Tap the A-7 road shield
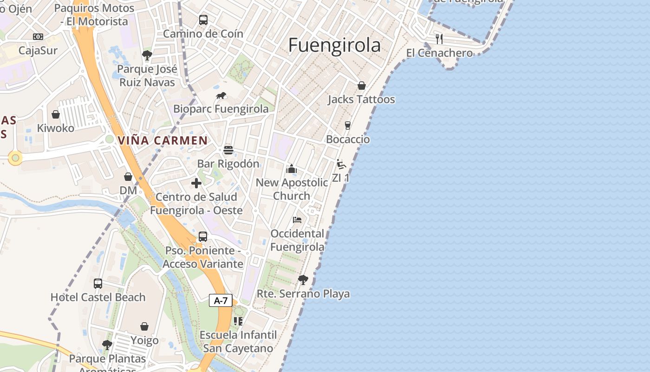pyautogui.click(x=221, y=300)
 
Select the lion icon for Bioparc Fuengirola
pyautogui.click(x=221, y=96)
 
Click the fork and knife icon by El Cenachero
pyautogui.click(x=439, y=39)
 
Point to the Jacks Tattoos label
pyautogui.click(x=361, y=100)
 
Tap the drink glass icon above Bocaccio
pyautogui.click(x=347, y=126)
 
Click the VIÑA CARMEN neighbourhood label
pyautogui.click(x=162, y=140)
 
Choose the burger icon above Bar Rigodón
pyautogui.click(x=228, y=150)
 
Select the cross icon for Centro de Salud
pyautogui.click(x=196, y=183)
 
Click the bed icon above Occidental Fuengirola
pyautogui.click(x=297, y=219)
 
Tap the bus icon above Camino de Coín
pyautogui.click(x=203, y=20)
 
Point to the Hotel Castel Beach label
pyautogui.click(x=98, y=297)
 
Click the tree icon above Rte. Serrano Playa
pyautogui.click(x=303, y=279)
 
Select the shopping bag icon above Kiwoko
pyautogui.click(x=56, y=114)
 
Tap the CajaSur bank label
pyautogui.click(x=38, y=50)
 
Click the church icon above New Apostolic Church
pyautogui.click(x=292, y=169)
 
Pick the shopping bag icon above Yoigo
pyautogui.click(x=144, y=327)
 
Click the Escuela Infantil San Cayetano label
pyautogui.click(x=238, y=341)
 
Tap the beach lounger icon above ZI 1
pyautogui.click(x=341, y=164)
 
